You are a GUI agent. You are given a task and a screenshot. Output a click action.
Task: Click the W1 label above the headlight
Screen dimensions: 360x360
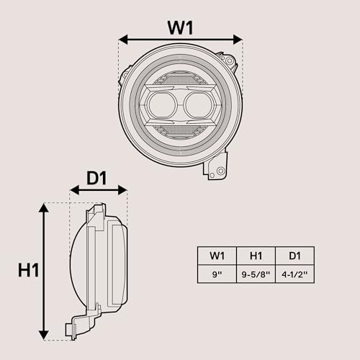tap(181, 28)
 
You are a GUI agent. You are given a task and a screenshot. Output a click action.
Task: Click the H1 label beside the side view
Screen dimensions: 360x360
tap(27, 271)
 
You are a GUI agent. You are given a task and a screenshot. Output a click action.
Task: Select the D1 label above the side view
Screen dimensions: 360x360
tap(98, 178)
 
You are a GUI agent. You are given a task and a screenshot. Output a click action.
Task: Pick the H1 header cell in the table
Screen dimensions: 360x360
tap(256, 256)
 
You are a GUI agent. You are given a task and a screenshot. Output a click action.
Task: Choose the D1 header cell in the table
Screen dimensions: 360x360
tap(294, 256)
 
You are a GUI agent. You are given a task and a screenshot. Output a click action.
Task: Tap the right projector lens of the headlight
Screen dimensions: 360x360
tap(199, 106)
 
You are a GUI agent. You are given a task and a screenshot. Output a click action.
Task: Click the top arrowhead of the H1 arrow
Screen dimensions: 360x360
tap(45, 208)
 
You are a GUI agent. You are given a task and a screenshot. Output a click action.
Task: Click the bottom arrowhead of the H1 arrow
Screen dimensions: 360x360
tap(45, 335)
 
